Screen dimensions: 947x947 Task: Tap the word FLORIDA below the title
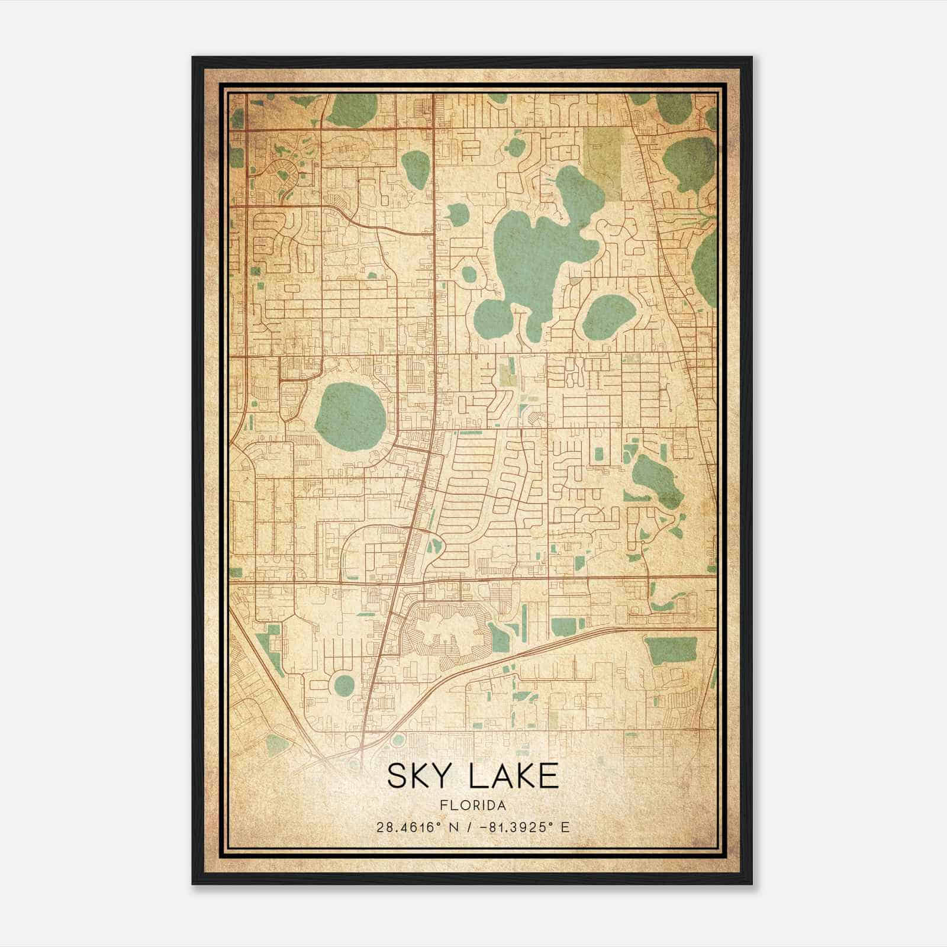[473, 806]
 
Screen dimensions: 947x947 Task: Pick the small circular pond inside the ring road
[344, 685]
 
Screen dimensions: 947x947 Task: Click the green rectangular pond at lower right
[671, 651]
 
